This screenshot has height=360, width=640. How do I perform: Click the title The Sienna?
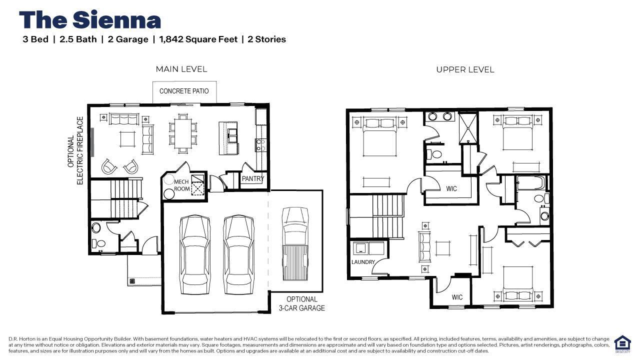pyautogui.click(x=90, y=20)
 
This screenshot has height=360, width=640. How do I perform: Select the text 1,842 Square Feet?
pyautogui.click(x=198, y=39)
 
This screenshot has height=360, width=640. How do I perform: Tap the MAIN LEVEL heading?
pyautogui.click(x=181, y=69)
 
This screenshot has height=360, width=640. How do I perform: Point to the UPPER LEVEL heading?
pyautogui.click(x=465, y=70)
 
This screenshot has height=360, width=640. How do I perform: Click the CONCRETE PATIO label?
pyautogui.click(x=184, y=91)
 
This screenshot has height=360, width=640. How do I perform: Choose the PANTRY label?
pyautogui.click(x=253, y=178)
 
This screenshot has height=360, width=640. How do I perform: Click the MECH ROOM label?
pyautogui.click(x=181, y=185)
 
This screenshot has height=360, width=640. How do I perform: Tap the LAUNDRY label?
pyautogui.click(x=363, y=262)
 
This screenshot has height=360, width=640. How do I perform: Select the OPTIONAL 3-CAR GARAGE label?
pyautogui.click(x=302, y=304)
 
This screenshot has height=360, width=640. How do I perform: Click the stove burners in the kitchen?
pyautogui.click(x=260, y=145)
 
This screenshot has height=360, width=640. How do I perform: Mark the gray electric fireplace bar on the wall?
pyautogui.click(x=92, y=142)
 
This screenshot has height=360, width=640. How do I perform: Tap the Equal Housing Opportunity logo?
pyautogui.click(x=622, y=344)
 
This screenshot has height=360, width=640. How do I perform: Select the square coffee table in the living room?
pyautogui.click(x=127, y=138)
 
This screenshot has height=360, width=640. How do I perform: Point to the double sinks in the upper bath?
pyautogui.click(x=439, y=116)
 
